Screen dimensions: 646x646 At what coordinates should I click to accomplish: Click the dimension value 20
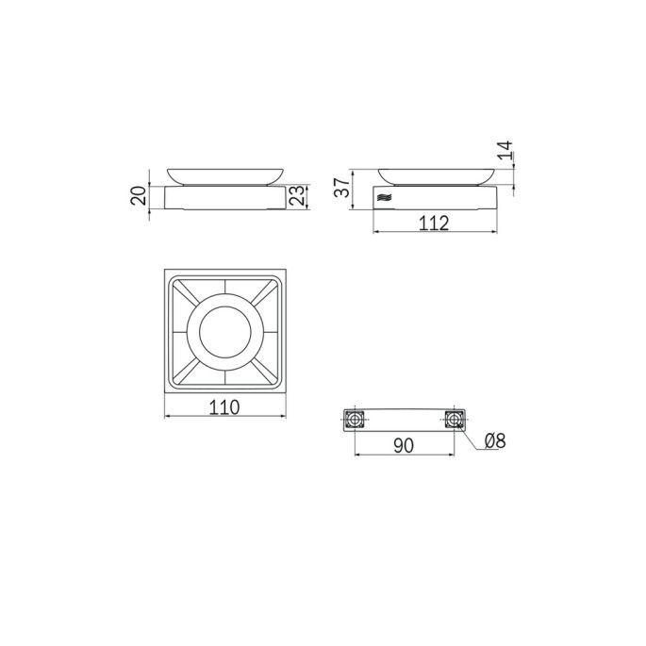coord(139,196)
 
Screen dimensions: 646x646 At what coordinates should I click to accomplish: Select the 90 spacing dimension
coord(404,446)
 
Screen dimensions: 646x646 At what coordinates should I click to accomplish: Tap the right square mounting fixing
coord(454,419)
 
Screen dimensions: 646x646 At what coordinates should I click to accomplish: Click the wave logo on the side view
coord(385,198)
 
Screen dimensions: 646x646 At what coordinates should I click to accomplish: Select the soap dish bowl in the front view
coord(224,174)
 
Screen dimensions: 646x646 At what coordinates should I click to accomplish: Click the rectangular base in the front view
coord(224,197)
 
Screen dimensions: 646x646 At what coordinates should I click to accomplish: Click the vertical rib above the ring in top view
coord(224,289)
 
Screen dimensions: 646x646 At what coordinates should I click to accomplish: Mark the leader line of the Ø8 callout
coord(471,439)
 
